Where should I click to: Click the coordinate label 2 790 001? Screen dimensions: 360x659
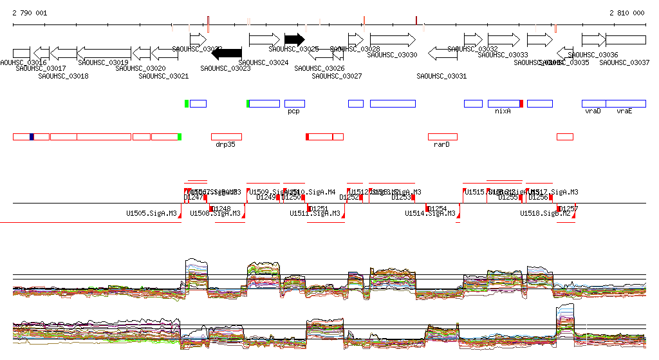30,13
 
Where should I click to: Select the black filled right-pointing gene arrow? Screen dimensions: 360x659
294,39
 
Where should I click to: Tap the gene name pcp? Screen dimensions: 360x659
294,111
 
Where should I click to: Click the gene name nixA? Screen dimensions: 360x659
503,111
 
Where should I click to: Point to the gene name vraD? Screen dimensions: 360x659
593,111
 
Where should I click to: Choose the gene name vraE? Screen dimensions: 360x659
624,111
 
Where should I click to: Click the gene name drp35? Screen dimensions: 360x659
226,145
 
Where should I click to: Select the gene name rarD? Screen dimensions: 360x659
441,145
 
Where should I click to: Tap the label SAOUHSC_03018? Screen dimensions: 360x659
63,76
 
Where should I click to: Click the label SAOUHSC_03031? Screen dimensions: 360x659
441,76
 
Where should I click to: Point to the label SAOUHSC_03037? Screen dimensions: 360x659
624,62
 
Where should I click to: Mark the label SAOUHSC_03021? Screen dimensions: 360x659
163,76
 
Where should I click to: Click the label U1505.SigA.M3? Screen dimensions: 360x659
151,213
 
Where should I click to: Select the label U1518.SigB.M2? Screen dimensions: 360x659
545,213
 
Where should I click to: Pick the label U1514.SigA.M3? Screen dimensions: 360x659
430,213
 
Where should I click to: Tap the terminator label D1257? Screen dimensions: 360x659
568,209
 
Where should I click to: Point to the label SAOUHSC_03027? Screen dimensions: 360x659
337,76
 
